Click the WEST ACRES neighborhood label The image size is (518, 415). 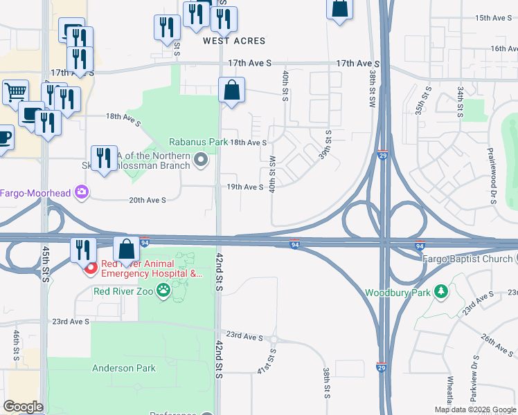click(x=234, y=41)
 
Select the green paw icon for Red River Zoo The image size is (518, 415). click(x=163, y=291)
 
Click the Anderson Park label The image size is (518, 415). click(x=124, y=368)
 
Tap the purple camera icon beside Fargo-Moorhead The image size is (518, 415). click(x=82, y=192)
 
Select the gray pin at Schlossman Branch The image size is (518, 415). click(x=201, y=161)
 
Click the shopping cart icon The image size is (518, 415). click(x=15, y=92)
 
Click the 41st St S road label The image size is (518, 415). click(x=266, y=362)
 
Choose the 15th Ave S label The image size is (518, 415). click(x=494, y=17)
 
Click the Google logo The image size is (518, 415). click(x=23, y=407)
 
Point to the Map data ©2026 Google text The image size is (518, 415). click(x=475, y=409)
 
